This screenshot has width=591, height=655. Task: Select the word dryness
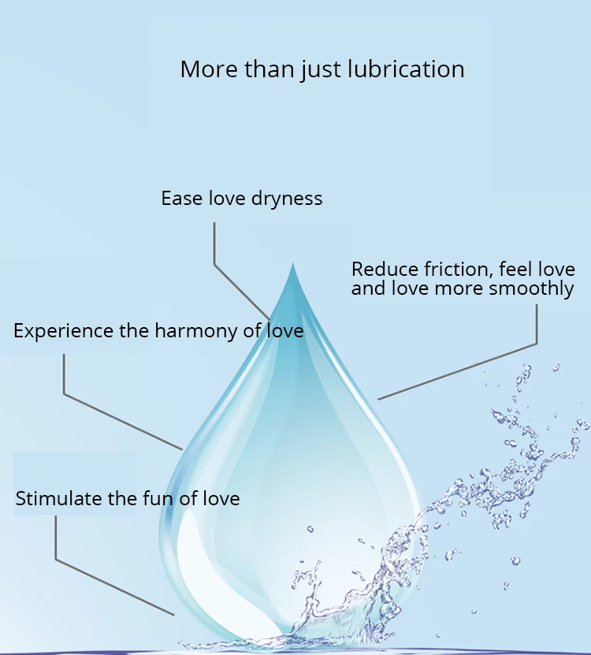[x=287, y=198]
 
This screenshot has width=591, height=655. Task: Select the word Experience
[x=63, y=330]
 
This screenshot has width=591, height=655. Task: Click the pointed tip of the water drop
[x=293, y=266]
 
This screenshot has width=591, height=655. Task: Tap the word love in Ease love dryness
[x=228, y=198]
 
